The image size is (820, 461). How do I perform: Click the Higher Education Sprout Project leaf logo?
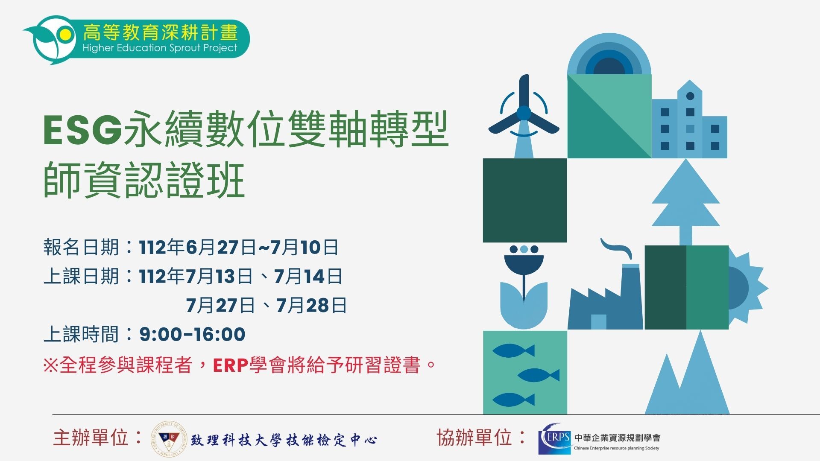[51, 39]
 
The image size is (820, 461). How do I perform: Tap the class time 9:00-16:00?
[192, 334]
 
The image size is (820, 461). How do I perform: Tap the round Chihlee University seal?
[169, 439]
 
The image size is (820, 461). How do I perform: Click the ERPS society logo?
[555, 438]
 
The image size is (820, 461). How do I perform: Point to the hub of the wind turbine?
[524, 113]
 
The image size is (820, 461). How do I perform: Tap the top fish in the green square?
[514, 350]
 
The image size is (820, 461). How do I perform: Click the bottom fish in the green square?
[514, 400]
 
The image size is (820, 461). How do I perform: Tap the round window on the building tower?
[690, 96]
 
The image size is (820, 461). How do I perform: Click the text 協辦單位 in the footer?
[474, 438]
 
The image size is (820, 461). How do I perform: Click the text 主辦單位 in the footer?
[91, 438]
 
